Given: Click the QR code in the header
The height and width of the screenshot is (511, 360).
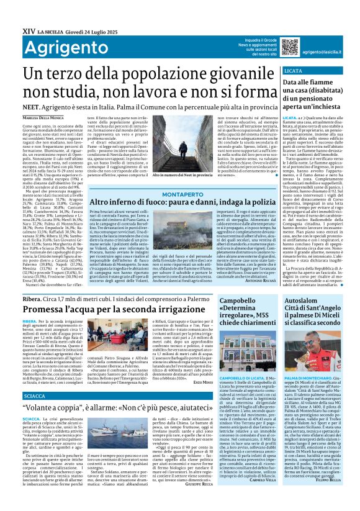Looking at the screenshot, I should click(x=290, y=46).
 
